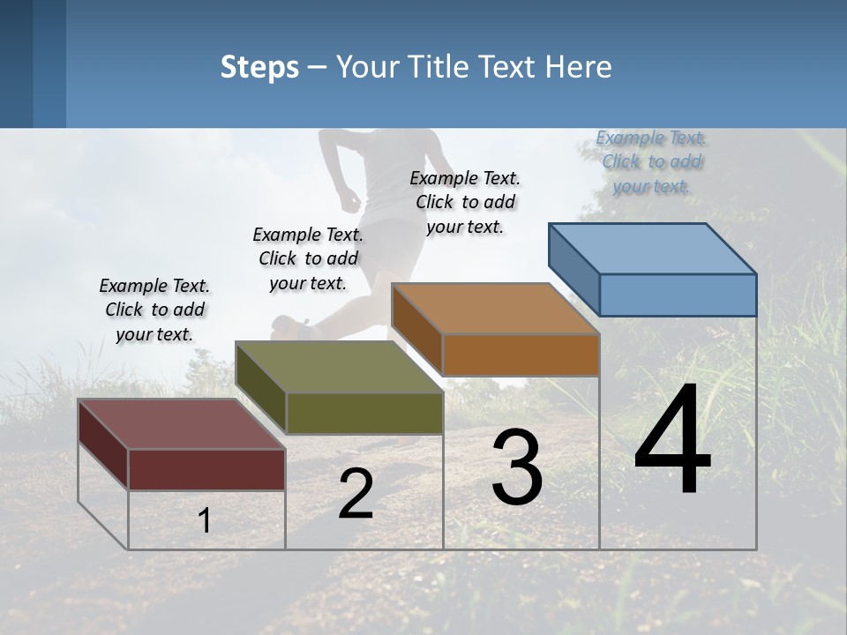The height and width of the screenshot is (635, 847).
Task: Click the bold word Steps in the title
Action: (x=259, y=67)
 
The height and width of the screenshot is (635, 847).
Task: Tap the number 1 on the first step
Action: (x=204, y=521)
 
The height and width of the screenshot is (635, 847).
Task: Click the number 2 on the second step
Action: (x=356, y=495)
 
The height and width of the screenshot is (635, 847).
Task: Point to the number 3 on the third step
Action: (x=517, y=467)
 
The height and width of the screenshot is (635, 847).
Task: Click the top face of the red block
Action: (x=182, y=424)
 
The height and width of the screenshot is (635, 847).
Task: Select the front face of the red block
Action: (x=206, y=469)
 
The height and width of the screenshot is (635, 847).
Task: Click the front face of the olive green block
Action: (x=364, y=413)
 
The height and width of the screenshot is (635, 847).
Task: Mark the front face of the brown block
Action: (x=521, y=355)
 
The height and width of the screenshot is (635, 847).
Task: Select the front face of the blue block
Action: (x=678, y=295)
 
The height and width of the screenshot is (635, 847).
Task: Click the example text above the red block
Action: (x=154, y=310)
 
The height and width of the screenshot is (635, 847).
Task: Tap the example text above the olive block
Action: (x=308, y=258)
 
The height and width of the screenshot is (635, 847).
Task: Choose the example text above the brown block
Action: (x=465, y=202)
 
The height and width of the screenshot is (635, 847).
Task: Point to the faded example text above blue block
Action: (x=652, y=161)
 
